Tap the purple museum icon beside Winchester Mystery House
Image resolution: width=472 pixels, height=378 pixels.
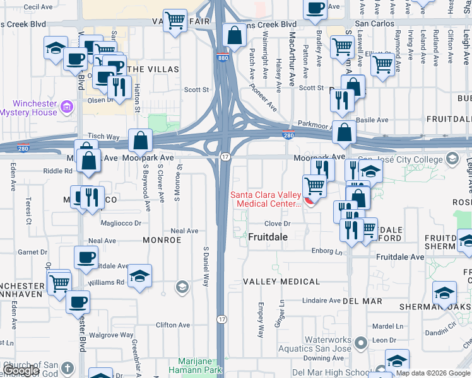pos(68,109)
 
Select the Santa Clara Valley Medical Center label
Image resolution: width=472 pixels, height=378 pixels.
pos(265,198)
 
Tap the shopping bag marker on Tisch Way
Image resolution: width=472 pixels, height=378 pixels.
pos(140,140)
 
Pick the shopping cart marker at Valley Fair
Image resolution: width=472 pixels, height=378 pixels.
pos(175,20)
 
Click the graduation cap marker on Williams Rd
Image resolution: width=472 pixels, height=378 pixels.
pos(139,276)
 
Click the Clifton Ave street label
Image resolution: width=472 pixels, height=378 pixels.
pos(172,325)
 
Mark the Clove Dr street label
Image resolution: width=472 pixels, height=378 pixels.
pos(277,224)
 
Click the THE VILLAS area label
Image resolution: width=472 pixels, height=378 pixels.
pos(152,69)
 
